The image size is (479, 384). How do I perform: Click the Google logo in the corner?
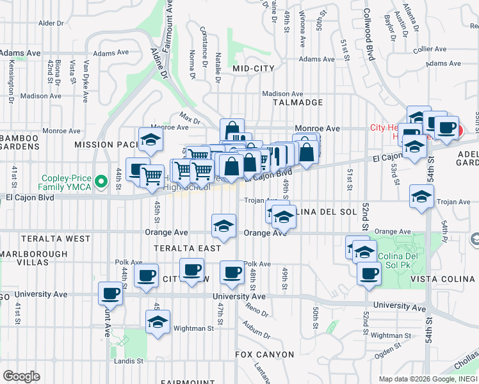click(x=21, y=376)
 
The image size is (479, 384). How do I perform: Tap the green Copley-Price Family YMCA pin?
click(x=100, y=183)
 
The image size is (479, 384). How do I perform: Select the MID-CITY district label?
click(x=254, y=68)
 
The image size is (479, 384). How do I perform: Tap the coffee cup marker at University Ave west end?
click(x=110, y=294)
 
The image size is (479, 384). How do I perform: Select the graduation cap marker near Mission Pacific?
click(x=151, y=140)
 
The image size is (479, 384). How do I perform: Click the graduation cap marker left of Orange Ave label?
click(x=223, y=225)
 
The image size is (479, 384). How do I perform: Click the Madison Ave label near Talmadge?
click(x=282, y=93)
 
